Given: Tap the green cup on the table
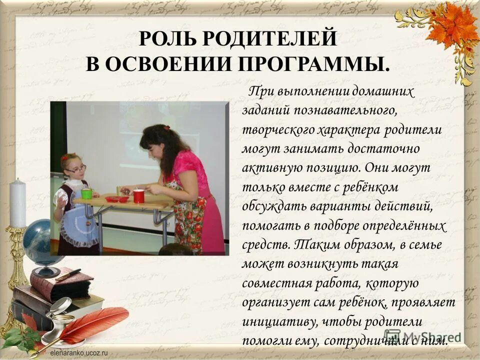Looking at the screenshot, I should (x=86, y=193).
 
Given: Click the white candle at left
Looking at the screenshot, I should (x=17, y=203).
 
